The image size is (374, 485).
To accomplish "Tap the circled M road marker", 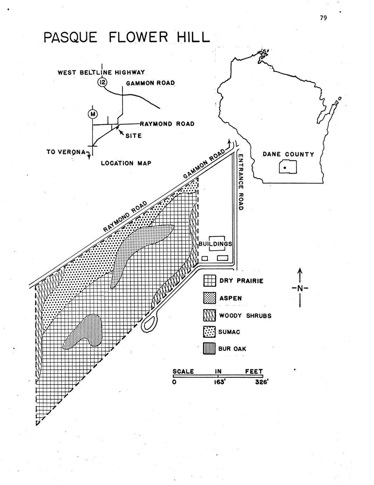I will click(93, 114).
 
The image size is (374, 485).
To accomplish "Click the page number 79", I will click(323, 18).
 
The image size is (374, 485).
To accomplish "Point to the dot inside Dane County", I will click(285, 168).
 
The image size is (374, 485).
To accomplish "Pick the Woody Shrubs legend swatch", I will click(209, 315).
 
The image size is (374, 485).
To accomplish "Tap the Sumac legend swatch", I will click(209, 332).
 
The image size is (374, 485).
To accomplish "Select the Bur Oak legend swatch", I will click(209, 349).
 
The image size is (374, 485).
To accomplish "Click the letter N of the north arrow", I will click(300, 289).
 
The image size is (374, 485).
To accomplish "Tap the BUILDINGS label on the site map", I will click(215, 244).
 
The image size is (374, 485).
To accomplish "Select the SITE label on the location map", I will click(134, 136).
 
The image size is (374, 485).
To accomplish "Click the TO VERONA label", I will click(66, 152).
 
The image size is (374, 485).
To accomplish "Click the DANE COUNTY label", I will click(288, 154).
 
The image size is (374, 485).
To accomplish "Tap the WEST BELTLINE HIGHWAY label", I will click(101, 72).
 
